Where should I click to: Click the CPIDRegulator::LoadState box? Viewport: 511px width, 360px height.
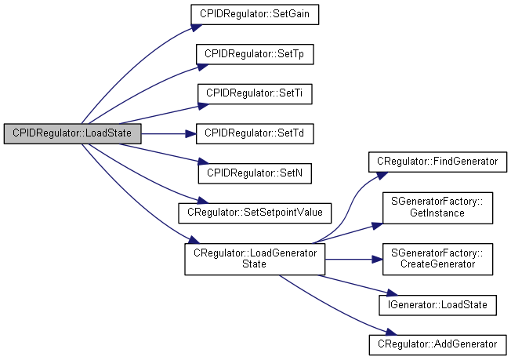point(72,133)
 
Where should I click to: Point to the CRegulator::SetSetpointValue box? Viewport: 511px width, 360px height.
point(255,212)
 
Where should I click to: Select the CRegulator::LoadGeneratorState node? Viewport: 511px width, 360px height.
point(255,259)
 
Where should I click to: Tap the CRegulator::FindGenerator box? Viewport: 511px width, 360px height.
point(437,162)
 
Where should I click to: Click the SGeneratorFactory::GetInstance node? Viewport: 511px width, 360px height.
point(437,206)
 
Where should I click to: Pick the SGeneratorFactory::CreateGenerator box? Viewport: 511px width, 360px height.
point(437,259)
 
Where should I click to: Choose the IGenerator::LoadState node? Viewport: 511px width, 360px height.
point(437,304)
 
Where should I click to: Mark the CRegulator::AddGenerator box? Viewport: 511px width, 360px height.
point(437,344)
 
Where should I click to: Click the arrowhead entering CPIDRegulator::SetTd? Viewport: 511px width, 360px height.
point(190,133)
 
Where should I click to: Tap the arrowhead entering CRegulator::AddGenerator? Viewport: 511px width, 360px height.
point(364,333)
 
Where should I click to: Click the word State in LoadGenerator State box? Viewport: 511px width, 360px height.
point(255,264)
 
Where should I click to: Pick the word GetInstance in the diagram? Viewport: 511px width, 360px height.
point(437,213)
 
